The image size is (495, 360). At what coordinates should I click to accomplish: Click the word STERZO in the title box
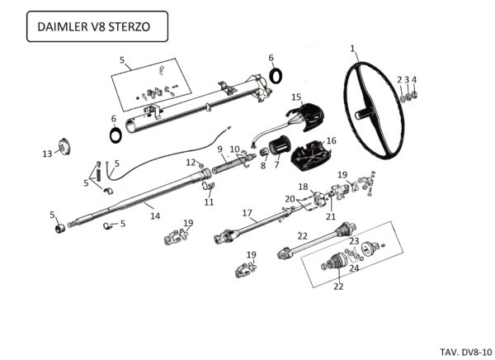coord(130,27)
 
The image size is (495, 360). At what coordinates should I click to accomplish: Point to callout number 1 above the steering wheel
coord(353,49)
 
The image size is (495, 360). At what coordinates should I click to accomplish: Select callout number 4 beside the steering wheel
coord(414,79)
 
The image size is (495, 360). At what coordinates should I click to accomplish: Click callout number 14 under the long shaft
coord(153,216)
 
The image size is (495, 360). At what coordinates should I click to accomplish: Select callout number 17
coord(247,213)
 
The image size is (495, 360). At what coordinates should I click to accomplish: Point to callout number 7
coord(277,165)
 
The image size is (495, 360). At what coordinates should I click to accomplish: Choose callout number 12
coord(189,162)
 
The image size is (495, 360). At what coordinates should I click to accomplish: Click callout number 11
coord(209,202)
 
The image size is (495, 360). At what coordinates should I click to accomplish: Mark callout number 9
coord(220,149)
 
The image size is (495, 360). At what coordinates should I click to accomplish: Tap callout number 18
coord(303,187)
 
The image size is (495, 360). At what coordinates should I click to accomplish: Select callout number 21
coord(331,216)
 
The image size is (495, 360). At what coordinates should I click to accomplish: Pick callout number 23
coord(354,241)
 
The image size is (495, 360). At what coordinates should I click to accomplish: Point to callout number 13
coord(47,154)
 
